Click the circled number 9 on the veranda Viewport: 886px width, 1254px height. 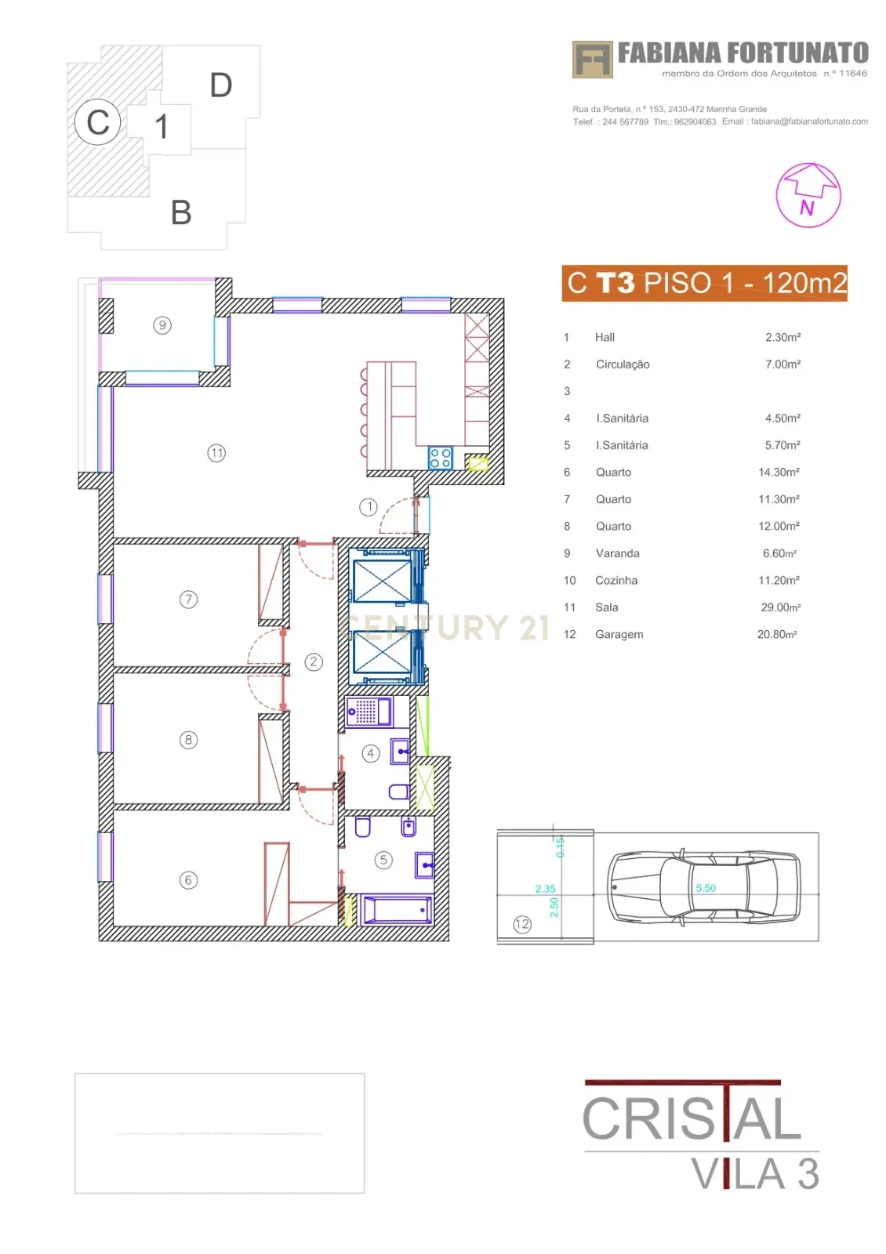tap(162, 325)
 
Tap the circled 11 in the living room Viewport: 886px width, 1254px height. tap(216, 453)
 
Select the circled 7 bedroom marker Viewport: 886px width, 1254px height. tap(188, 600)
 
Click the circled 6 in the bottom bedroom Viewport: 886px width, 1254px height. tap(188, 880)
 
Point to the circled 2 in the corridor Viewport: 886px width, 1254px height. tap(314, 661)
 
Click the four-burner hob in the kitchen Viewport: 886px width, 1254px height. tap(440, 458)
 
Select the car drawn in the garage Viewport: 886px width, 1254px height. tap(703, 887)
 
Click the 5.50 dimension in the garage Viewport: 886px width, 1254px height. tap(706, 888)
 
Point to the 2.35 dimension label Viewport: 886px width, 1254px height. tap(545, 889)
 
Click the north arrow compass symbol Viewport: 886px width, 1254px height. tap(808, 195)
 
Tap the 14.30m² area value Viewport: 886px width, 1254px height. tap(779, 473)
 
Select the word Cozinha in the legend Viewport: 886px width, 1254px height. tap(616, 581)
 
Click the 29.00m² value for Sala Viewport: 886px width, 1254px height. tap(780, 607)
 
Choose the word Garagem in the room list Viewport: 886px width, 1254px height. tap(619, 635)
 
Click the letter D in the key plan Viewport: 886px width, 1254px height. tap(221, 85)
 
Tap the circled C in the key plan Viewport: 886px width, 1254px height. tap(98, 122)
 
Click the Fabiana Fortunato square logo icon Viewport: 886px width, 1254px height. tap(592, 60)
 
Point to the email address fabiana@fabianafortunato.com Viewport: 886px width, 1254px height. tap(809, 121)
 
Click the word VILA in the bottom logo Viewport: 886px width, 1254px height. tap(738, 1174)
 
